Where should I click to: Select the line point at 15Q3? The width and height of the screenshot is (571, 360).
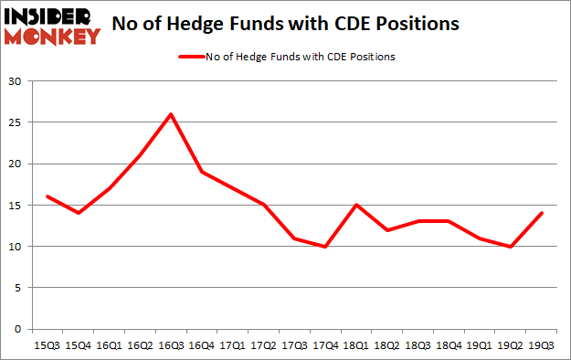[47, 196]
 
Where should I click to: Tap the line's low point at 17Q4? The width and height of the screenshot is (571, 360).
[324, 246]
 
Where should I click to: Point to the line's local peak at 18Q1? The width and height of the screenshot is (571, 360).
[355, 205]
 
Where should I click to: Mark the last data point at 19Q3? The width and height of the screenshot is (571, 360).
[541, 213]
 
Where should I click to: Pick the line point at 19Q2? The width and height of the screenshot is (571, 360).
[510, 246]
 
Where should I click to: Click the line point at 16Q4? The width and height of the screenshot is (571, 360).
[201, 172]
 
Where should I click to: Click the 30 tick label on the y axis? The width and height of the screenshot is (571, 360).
[16, 81]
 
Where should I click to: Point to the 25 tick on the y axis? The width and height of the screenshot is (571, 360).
[16, 122]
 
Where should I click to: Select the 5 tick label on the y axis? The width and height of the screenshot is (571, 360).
[18, 288]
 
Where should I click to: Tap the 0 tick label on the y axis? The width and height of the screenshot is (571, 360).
[18, 329]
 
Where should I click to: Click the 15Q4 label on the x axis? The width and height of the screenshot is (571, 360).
[78, 347]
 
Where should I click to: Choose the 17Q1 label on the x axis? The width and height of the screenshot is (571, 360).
[232, 347]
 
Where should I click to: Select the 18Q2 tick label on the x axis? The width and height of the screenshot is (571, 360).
[386, 347]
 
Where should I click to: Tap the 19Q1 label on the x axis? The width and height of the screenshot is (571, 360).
[479, 347]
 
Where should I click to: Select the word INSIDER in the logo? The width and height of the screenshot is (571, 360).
[50, 16]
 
